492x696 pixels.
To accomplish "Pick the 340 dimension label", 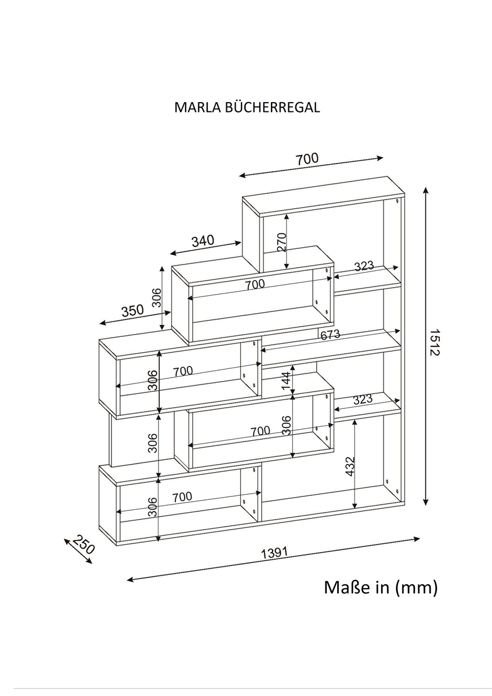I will (203, 240).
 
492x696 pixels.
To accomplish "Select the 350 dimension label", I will (132, 310).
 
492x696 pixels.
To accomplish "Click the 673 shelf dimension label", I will (330, 335).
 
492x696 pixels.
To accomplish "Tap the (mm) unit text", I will (416, 588).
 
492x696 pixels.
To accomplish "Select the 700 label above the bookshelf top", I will (307, 159).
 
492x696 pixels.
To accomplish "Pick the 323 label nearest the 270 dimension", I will (364, 266).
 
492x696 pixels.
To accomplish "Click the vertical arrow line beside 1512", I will (426, 346).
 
